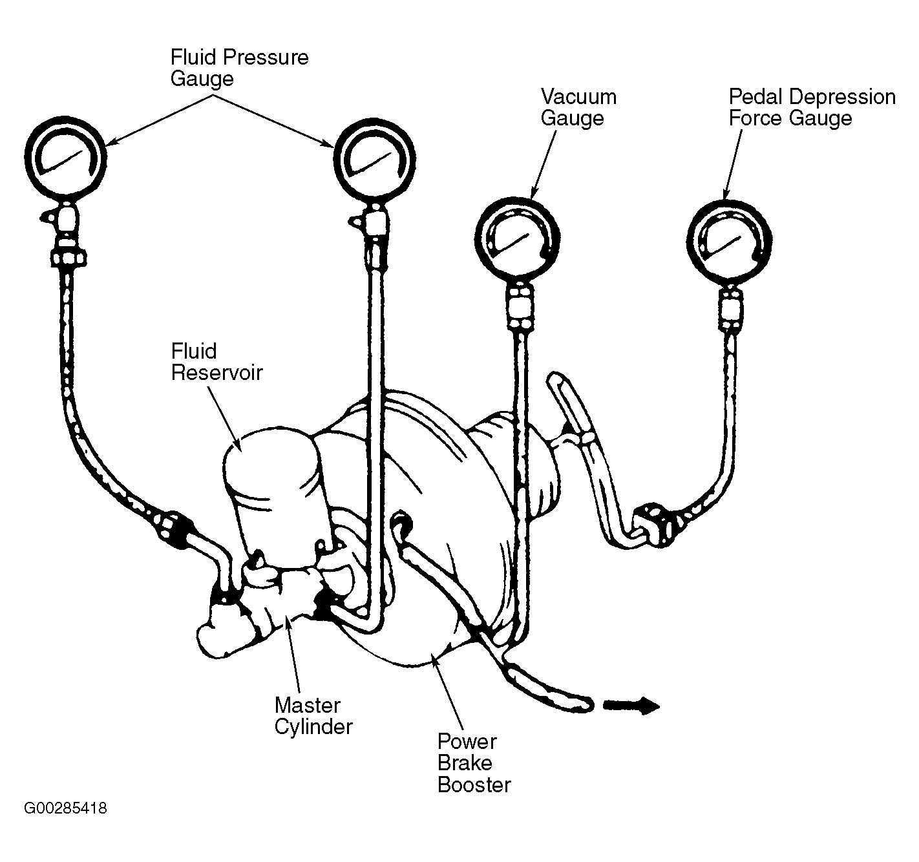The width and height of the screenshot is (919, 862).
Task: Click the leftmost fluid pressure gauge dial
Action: pos(65,157)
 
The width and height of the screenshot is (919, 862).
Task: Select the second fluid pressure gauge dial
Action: pos(374,158)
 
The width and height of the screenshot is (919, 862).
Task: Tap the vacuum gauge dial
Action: pos(517,240)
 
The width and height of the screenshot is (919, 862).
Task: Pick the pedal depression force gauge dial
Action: pos(729,242)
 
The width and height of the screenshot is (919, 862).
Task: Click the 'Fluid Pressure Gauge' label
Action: pos(239,68)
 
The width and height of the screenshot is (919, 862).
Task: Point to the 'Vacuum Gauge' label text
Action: pos(578,107)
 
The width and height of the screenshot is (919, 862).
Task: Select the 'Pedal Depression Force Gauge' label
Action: pos(812,107)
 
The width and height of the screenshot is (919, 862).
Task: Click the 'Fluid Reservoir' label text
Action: pos(217,362)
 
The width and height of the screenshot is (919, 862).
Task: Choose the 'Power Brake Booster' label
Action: pos(474,763)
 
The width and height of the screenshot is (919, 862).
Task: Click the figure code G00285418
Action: pos(65,808)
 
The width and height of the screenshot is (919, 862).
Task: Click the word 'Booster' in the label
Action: pos(474,784)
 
